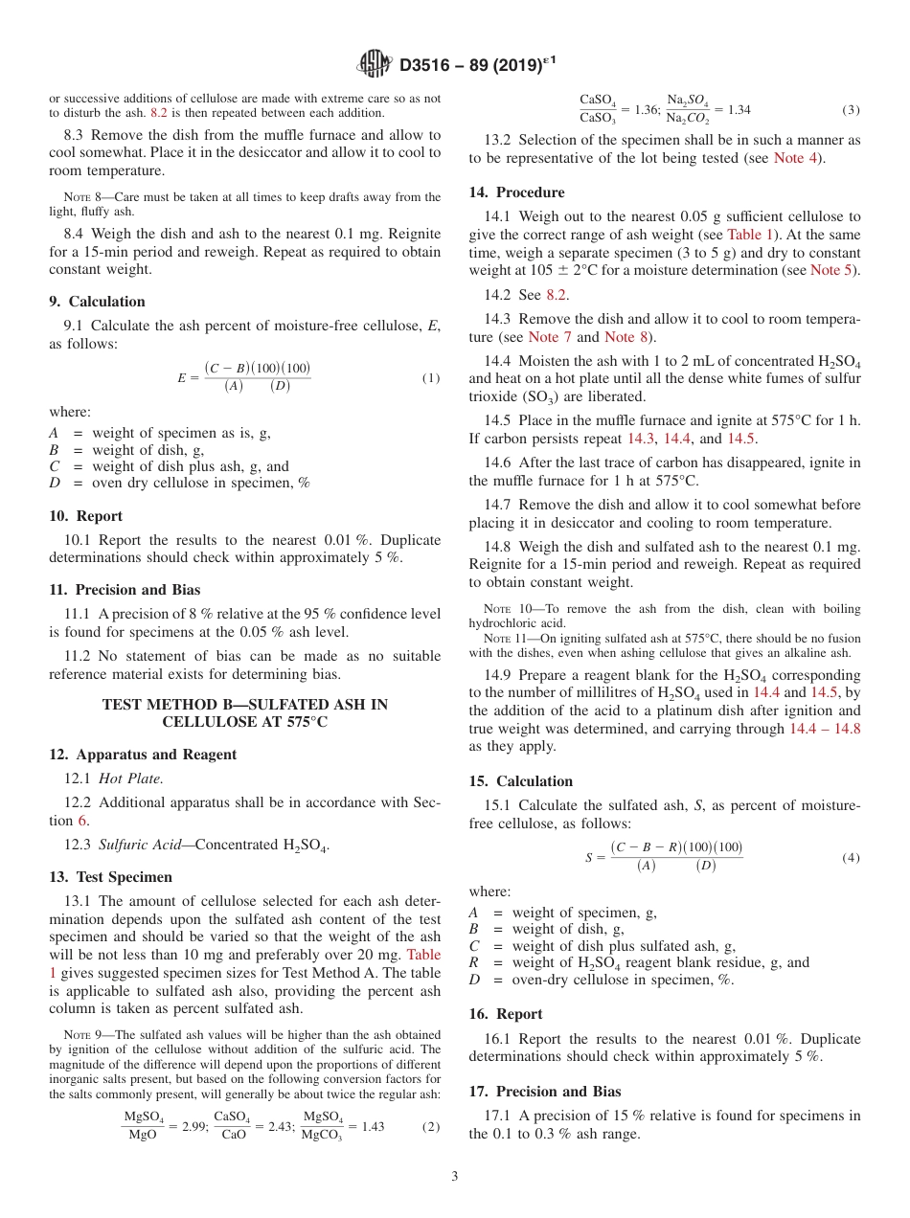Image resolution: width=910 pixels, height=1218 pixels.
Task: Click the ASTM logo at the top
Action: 374,65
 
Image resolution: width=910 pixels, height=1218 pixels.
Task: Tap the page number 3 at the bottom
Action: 455,1176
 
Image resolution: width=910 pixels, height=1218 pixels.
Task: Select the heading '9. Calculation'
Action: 97,301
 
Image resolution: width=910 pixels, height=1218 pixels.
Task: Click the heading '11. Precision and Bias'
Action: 125,589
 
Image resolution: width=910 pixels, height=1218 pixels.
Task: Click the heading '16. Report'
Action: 506,1013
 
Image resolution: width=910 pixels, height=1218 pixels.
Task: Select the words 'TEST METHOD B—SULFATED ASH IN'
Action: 245,704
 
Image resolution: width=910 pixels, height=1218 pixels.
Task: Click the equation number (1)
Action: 431,378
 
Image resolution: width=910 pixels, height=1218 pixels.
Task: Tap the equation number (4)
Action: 851,858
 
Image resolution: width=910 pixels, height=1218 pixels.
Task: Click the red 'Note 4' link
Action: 795,157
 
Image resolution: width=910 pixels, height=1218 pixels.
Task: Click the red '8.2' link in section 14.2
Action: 557,295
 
